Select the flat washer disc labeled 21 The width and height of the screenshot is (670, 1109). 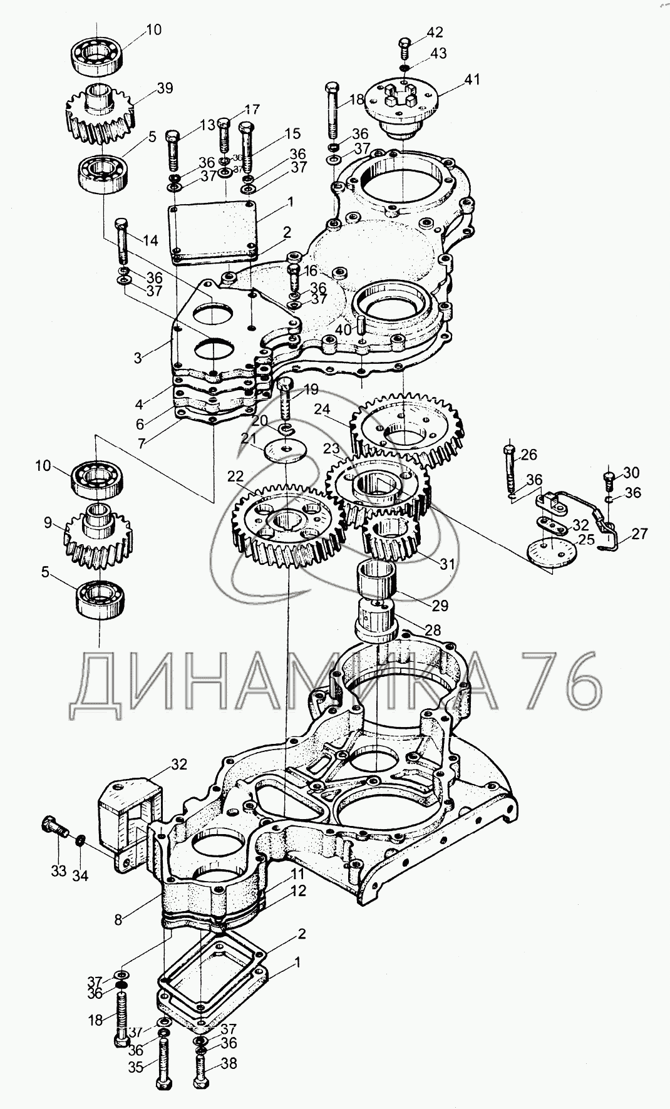click(x=286, y=451)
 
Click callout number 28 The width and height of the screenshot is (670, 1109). click(x=433, y=629)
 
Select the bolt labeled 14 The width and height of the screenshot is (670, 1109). click(x=122, y=241)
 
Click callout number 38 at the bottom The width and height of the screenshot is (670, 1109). click(x=229, y=1063)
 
